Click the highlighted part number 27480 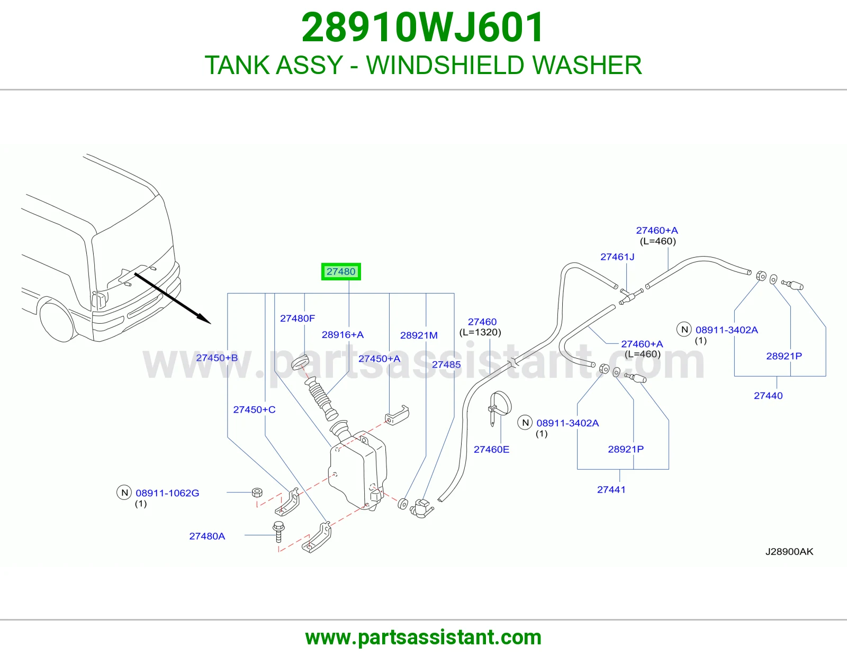[x=341, y=271]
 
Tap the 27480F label [x=298, y=318]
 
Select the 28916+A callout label [x=343, y=335]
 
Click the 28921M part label [x=419, y=335]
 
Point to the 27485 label [x=446, y=365]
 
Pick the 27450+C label [x=254, y=410]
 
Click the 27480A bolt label [x=207, y=536]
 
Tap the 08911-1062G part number [x=167, y=493]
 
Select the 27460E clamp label [x=491, y=450]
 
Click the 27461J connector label [x=617, y=257]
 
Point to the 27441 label [x=611, y=490]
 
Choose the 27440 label [x=768, y=396]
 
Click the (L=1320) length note [x=480, y=332]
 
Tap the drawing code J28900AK [x=789, y=552]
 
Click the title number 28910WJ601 [x=423, y=28]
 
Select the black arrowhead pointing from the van [x=204, y=318]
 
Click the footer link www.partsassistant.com [x=424, y=637]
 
